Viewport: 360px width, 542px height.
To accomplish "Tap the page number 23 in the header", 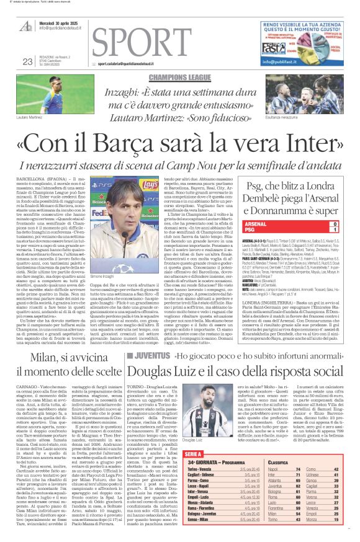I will [x=27, y=61].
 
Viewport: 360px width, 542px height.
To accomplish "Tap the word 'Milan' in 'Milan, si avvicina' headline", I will [x=32, y=360].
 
